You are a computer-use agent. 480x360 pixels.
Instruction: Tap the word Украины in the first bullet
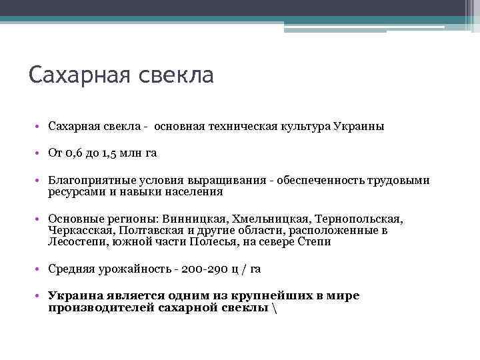coord(360,126)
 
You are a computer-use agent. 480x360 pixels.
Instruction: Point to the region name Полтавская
coord(150,230)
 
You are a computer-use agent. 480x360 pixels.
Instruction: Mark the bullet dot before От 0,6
coord(41,153)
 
